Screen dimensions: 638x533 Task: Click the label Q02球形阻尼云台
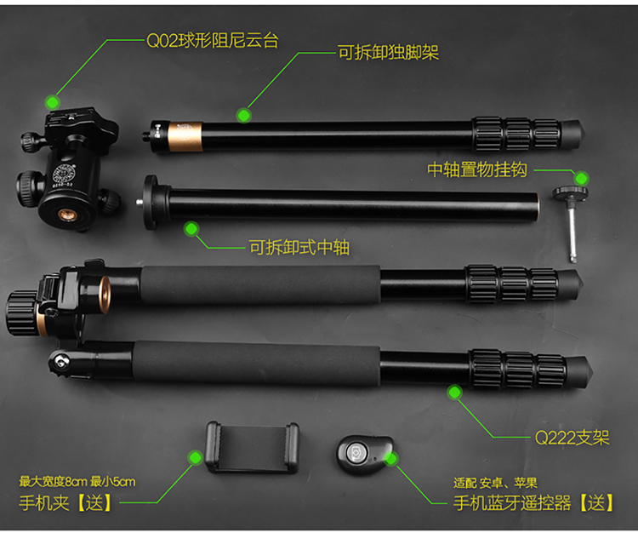coord(213,40)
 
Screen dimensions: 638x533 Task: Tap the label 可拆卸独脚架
coord(389,53)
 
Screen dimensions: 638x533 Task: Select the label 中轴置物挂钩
coord(477,169)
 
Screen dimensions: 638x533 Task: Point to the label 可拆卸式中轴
coord(299,247)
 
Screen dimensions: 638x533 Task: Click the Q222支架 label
coord(572,438)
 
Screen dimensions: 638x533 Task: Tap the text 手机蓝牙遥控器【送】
coord(533,503)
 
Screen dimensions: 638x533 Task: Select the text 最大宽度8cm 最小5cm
coord(77,482)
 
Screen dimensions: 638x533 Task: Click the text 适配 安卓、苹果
coord(496,483)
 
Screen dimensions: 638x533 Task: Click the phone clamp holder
coord(253,447)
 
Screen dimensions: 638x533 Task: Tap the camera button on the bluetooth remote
coord(356,452)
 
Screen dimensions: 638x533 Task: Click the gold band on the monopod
coord(185,136)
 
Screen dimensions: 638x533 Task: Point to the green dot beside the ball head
coord(53,102)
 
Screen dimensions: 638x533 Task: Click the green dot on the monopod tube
coord(244,116)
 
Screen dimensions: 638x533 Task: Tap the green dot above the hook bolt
coord(582,178)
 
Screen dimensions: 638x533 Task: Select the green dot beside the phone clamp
coord(196,458)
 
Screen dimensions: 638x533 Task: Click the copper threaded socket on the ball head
coord(66,215)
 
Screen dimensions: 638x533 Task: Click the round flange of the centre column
coord(151,203)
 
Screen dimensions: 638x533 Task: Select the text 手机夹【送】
coord(66,503)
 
